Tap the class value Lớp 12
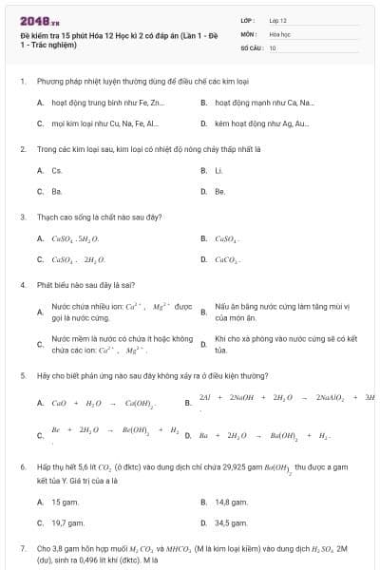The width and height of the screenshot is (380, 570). point(278,19)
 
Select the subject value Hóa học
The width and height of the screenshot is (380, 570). point(279,33)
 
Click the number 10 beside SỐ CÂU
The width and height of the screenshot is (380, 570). point(273,47)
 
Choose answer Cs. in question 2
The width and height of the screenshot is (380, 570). point(57,171)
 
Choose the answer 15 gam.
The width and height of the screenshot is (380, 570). point(65,502)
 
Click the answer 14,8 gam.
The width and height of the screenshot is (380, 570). point(232,502)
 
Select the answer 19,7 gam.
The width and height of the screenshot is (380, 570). point(68,522)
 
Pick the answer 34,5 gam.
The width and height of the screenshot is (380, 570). point(232,522)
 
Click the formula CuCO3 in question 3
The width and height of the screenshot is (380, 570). point(228,258)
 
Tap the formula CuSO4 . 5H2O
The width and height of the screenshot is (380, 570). point(75,238)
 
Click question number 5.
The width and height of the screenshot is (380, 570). point(23,375)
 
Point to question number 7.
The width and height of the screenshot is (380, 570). point(23,549)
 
